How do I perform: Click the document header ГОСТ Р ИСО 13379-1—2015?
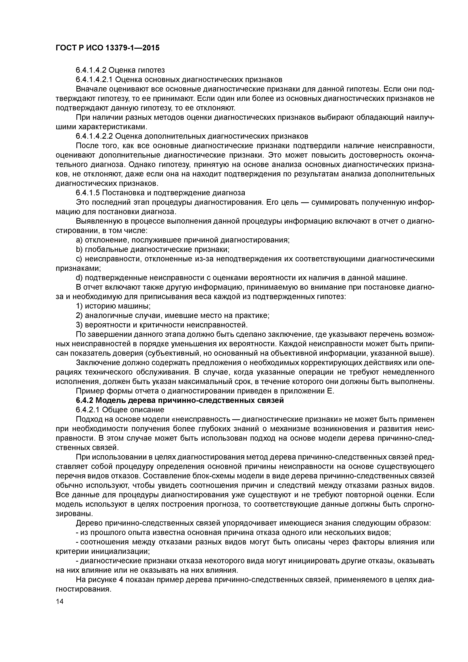tap(107, 48)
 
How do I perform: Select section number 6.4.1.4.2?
tap(91, 70)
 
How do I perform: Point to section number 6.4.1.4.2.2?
tap(95, 136)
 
